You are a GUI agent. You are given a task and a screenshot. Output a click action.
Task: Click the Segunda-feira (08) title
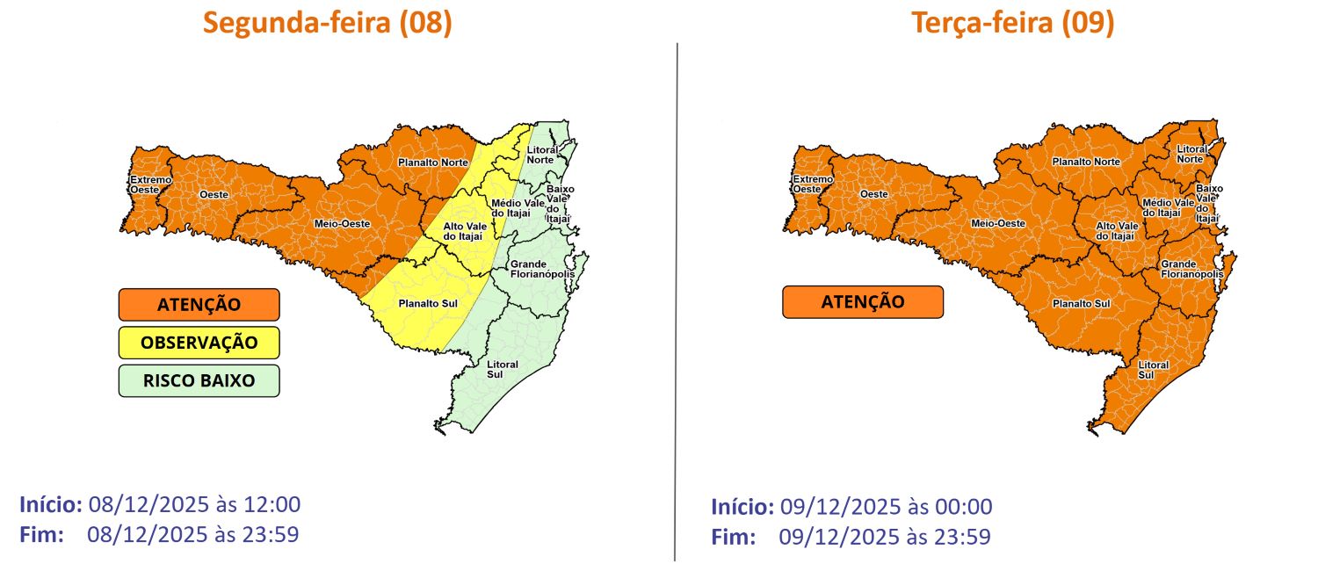coord(328,23)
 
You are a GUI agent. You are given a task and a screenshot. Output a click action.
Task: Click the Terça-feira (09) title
coord(1013,23)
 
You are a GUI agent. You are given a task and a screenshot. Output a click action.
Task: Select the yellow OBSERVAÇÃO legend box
coord(199,343)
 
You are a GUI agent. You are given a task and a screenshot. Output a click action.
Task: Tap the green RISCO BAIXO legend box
coord(199,381)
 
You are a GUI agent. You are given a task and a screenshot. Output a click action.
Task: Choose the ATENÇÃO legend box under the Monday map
coord(199,305)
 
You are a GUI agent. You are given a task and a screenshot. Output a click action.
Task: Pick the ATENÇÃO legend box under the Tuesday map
coord(862,302)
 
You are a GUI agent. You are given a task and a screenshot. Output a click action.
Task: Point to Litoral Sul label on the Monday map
coord(503,369)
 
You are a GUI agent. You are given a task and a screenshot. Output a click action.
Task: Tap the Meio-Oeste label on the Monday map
coord(342,224)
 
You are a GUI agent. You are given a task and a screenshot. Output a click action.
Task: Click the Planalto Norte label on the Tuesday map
coord(1086,162)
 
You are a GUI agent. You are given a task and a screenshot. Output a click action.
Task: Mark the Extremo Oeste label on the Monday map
coord(145,184)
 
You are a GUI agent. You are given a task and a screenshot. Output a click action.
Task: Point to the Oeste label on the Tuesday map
coord(873,193)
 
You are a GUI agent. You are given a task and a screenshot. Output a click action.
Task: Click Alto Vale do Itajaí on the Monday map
coord(464,231)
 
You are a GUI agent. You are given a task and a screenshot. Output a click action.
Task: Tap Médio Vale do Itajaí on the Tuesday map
coord(1168,207)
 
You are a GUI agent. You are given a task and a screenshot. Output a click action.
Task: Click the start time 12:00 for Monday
coord(272,505)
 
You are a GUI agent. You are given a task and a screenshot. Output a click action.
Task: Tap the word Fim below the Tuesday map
coord(732,537)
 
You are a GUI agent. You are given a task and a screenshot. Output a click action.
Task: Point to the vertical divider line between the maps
coord(676,299)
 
